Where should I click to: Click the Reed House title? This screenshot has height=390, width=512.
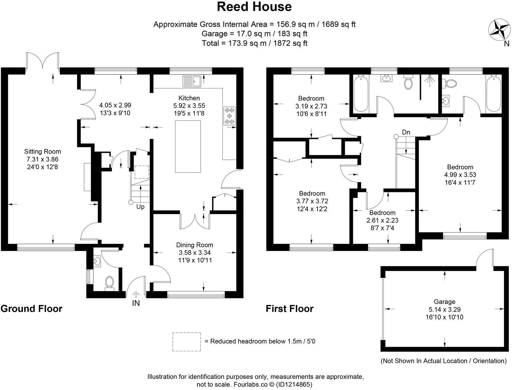coord(254,7)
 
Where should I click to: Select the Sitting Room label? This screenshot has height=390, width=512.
coord(43,151)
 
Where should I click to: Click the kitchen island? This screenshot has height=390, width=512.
coord(188,146)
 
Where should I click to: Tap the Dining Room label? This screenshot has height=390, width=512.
coord(195,245)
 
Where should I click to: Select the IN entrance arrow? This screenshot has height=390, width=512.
coord(136,295)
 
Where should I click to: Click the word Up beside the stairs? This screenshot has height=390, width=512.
coord(140,207)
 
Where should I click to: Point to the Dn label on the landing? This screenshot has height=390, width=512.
coord(406,132)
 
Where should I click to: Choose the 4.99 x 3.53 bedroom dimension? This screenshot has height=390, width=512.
coord(460,175)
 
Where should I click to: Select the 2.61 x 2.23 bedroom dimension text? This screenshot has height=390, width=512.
coord(382,220)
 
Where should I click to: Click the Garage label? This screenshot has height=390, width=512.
coord(445,301)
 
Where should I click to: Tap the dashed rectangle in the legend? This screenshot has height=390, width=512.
coord(187,342)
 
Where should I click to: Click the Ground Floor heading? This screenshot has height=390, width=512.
coord(31,308)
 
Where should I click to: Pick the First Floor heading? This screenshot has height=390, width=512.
coord(290,308)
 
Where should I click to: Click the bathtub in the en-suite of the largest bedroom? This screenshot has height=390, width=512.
coord(493,93)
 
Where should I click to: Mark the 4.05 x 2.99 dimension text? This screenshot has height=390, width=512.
coord(115,105)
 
